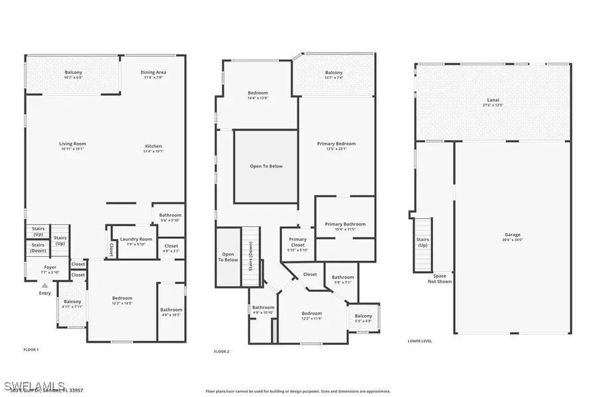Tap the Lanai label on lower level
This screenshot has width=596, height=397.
tap(493, 101)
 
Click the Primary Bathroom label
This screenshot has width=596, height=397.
tap(345, 224)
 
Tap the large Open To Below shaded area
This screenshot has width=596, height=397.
tap(266, 166)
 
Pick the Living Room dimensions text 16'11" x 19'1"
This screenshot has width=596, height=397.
tap(73, 149)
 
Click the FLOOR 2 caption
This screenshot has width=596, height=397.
tap(221, 351)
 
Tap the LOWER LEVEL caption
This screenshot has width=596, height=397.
tap(420, 341)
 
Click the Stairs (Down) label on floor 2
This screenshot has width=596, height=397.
tap(250, 251)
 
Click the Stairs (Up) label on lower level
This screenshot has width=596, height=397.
tap(422, 242)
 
